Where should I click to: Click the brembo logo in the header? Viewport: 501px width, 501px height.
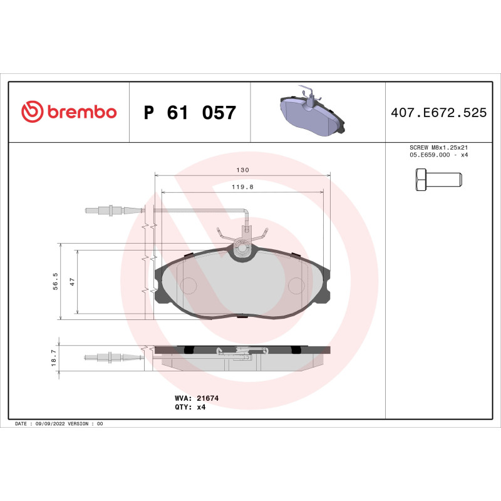69,112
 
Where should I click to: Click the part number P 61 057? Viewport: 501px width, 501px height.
190,113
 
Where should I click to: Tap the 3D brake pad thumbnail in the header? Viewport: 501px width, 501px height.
311,113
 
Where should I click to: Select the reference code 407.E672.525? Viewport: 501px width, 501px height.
438,113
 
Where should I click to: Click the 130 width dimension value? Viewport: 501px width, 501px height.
243,170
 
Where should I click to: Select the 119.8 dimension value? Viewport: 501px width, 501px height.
243,187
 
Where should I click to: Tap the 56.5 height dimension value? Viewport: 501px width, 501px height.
56,281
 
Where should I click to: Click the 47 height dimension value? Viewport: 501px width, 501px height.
73,281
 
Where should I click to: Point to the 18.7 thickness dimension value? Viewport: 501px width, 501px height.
54,358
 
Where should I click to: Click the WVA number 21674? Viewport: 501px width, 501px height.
207,398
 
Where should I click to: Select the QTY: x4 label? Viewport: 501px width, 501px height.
190,406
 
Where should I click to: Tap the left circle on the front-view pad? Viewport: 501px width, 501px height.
189,285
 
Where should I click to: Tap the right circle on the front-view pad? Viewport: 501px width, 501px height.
297,285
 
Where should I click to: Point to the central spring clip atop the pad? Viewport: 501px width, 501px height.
242,247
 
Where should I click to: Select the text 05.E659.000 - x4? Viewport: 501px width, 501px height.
438,155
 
